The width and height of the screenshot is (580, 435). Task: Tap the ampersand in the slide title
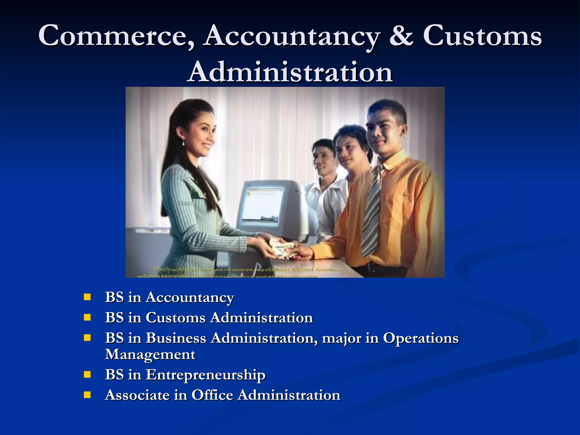[x=401, y=36]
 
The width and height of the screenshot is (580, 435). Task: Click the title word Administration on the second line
[x=291, y=72]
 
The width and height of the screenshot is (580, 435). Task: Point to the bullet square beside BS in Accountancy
[x=87, y=297]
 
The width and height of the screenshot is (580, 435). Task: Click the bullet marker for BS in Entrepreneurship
[x=87, y=375]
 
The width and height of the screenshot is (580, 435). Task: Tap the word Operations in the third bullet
[x=421, y=338]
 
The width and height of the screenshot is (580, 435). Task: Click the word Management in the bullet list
[x=150, y=355]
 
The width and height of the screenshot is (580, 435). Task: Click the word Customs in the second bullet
[x=175, y=318]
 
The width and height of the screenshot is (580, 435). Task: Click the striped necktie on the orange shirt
[x=372, y=210]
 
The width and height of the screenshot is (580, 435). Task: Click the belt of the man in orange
[x=377, y=267]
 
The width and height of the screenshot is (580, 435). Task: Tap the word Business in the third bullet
[x=176, y=338]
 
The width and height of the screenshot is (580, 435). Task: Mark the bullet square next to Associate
[x=87, y=395]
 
